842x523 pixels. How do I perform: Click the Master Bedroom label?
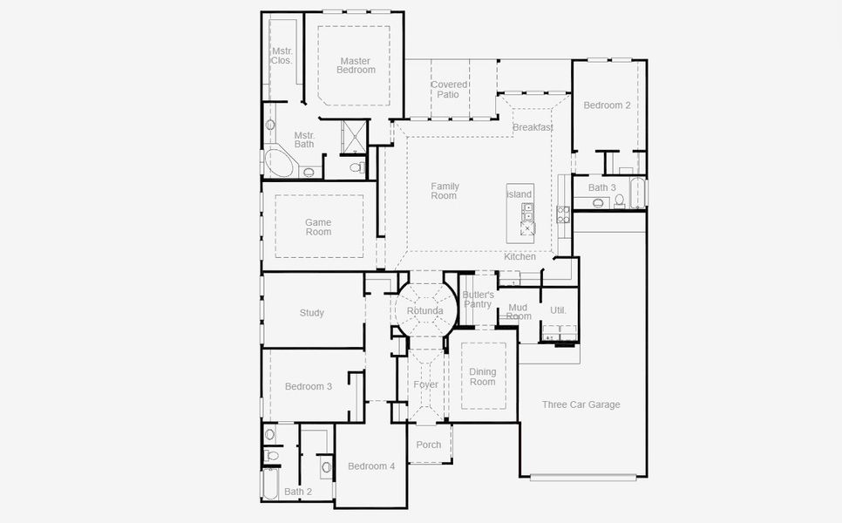click(x=357, y=65)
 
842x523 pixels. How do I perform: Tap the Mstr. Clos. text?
click(x=282, y=56)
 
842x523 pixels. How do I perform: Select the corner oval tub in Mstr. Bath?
click(x=279, y=163)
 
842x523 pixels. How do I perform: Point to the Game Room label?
click(x=318, y=228)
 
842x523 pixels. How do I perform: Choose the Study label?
click(x=311, y=313)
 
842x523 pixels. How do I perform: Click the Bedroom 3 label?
click(x=308, y=386)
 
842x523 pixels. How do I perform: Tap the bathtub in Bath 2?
click(x=270, y=483)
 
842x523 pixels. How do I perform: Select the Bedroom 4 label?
click(x=371, y=466)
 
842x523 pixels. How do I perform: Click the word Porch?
click(x=429, y=445)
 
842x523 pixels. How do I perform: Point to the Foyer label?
click(x=426, y=384)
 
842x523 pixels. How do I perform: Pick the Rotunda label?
click(x=424, y=311)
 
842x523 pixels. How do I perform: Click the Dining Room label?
click(x=482, y=377)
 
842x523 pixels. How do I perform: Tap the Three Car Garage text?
click(x=581, y=404)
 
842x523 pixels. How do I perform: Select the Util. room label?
click(x=559, y=310)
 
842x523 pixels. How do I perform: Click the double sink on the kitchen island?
click(x=528, y=212)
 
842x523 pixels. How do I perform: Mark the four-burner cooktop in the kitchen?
click(x=563, y=214)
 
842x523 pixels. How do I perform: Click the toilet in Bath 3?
click(x=620, y=200)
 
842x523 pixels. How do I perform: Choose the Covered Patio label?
click(x=448, y=90)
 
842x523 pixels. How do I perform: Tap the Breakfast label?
click(x=533, y=127)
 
